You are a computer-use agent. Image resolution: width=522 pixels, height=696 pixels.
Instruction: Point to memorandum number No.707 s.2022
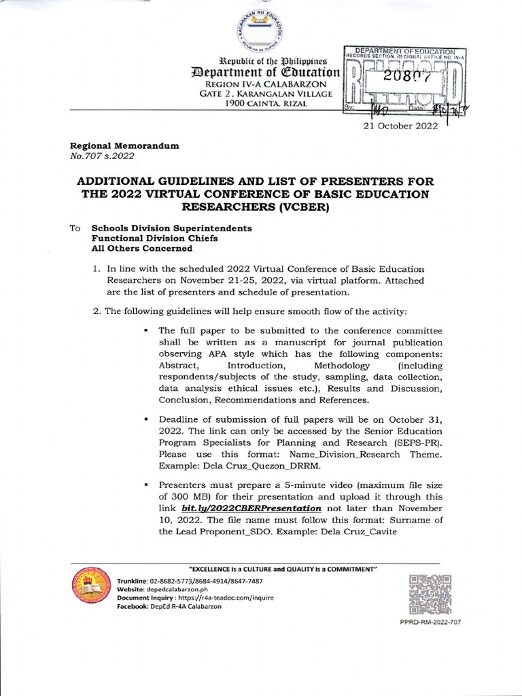pos(103,156)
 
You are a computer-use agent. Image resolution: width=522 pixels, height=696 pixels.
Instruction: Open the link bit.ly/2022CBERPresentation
pos(251,508)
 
